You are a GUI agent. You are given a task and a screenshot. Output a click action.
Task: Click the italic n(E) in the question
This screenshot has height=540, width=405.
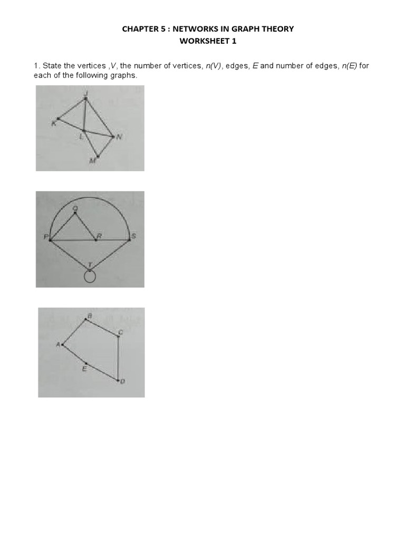(x=348, y=66)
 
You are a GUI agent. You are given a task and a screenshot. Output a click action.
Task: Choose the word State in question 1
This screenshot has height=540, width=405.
(x=52, y=66)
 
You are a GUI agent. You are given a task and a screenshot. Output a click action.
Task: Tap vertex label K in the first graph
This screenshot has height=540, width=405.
(x=53, y=124)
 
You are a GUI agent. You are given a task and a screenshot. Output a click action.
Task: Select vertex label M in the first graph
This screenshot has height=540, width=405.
(x=92, y=160)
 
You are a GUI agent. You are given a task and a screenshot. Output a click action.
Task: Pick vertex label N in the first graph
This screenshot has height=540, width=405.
(x=119, y=138)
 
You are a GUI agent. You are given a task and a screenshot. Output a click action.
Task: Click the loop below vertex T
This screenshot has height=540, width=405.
(x=90, y=277)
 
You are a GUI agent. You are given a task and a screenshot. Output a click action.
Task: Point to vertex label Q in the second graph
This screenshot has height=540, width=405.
(x=75, y=208)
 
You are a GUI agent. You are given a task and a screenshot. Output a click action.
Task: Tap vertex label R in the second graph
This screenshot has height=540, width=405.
(x=99, y=236)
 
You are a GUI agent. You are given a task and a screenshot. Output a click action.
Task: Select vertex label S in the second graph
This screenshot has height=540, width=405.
(x=134, y=236)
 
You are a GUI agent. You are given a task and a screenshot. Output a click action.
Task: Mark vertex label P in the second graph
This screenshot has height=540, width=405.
(x=45, y=236)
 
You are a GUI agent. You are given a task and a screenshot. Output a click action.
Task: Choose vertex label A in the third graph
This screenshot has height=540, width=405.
(x=58, y=344)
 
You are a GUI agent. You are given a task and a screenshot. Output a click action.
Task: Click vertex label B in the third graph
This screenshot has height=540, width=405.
(x=89, y=315)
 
